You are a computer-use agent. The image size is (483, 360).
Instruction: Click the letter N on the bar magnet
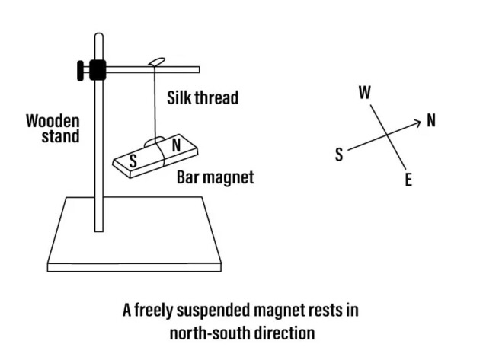pos(176,145)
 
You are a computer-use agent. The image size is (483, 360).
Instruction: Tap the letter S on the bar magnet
pos(133,161)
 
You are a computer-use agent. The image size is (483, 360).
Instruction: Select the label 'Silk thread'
pos(203,97)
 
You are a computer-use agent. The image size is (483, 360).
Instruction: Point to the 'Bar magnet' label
pos(216,179)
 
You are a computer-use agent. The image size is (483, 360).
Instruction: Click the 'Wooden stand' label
pos(53,128)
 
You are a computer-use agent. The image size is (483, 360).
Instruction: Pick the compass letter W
pos(364,93)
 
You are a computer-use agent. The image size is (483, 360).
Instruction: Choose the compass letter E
pos(408,180)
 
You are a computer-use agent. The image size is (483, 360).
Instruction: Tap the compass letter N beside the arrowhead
pos(432,120)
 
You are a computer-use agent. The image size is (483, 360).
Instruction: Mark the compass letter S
pos(338,155)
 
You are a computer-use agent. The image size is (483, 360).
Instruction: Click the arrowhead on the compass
pos(417,122)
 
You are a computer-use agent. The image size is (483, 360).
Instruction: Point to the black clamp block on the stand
pos(97,70)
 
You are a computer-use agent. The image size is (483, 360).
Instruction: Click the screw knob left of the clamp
pos(79,70)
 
